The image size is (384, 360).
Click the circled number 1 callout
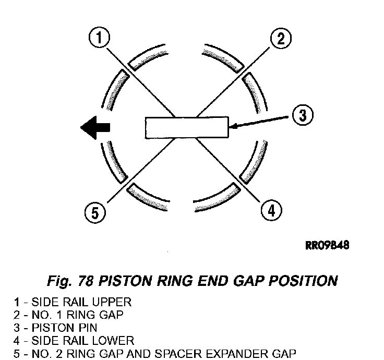coord(100,39)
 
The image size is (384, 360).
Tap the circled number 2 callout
coord(280,39)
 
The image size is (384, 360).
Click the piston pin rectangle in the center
coord(187,127)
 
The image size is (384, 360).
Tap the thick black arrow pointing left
coord(95,127)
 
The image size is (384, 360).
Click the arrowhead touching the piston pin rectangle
coord(233,126)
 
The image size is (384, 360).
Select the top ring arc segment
coord(186,56)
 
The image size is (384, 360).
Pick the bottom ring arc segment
coord(186,198)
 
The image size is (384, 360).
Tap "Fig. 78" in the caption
coord(69,281)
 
